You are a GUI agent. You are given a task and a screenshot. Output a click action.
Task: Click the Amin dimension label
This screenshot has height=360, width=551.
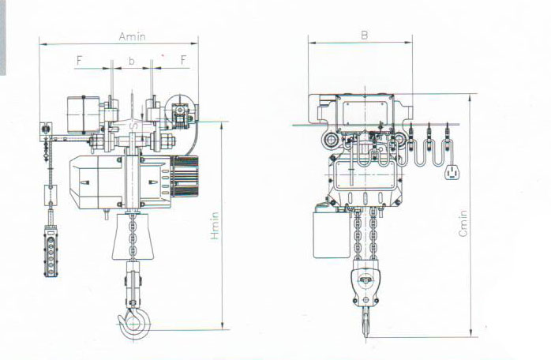pos(132,36)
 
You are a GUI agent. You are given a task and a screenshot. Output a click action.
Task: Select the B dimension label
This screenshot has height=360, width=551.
pos(365,36)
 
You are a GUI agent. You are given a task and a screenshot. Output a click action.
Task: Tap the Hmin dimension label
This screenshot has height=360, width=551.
pos(215,226)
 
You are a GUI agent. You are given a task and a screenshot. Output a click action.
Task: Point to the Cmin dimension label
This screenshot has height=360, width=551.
pos(463,223)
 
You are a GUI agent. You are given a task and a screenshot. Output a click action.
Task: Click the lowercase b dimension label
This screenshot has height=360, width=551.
pos(131,61)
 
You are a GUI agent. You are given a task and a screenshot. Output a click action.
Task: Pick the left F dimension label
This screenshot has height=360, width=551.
pos(79,61)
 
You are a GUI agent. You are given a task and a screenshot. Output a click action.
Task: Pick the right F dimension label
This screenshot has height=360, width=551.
pos(183,60)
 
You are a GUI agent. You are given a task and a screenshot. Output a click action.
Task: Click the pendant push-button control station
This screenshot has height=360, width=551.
pos(51,251)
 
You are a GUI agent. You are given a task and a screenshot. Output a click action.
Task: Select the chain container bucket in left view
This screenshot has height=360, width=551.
pos(133,237)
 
